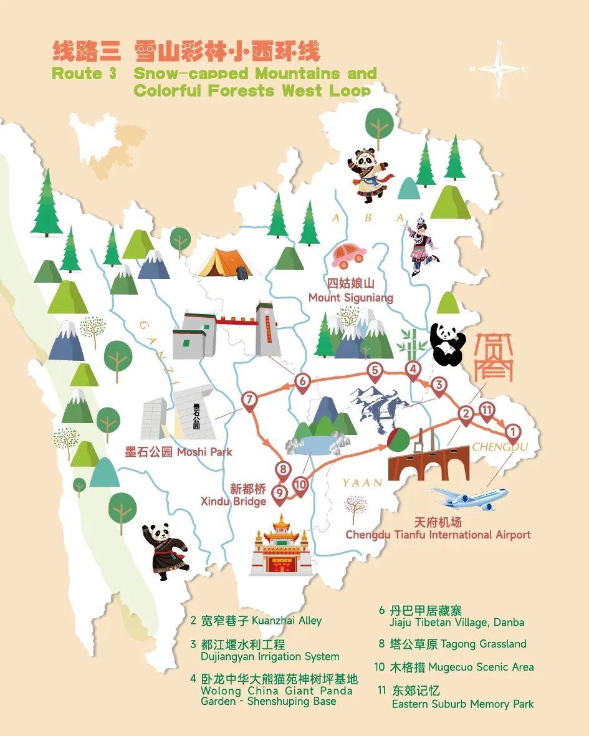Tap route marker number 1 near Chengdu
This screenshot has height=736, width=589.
click(x=512, y=431)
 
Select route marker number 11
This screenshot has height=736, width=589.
click(x=487, y=410)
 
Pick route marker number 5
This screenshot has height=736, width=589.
click(x=375, y=371)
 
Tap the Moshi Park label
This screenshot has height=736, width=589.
click(x=178, y=452)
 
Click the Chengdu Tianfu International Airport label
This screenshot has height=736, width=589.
click(x=438, y=528)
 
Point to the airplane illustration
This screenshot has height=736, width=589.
click(x=471, y=497)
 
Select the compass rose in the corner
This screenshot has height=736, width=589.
click(x=498, y=69)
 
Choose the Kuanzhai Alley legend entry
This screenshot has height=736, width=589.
click(x=256, y=620)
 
